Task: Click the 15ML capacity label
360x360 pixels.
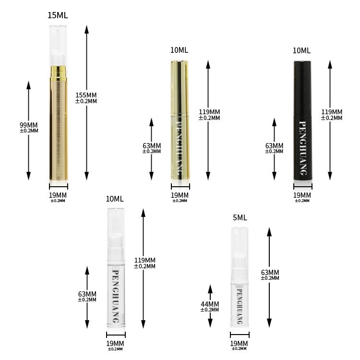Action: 58,15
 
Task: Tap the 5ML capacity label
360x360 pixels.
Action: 240,217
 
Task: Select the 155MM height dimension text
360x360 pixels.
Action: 86,95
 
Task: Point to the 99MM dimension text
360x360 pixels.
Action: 28,125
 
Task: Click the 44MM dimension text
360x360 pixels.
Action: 210,304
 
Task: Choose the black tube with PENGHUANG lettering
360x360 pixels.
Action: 302,120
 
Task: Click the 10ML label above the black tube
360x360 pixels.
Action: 301,50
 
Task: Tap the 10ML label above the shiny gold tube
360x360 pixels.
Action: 179,50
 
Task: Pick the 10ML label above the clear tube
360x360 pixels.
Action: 115,199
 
